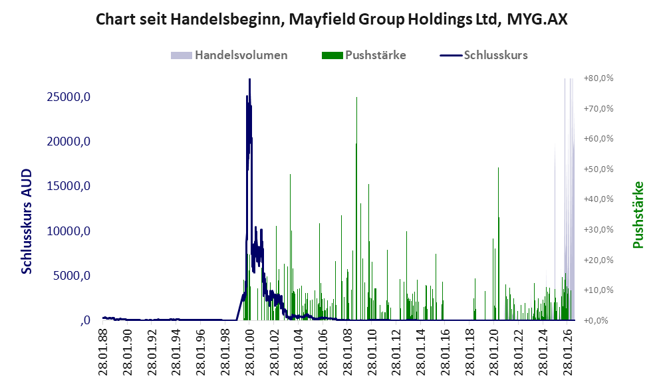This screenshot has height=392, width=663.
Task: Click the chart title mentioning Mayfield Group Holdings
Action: pos(331,19)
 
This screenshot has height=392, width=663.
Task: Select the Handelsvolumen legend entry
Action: pos(229,55)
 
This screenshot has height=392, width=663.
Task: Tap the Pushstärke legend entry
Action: pos(364,55)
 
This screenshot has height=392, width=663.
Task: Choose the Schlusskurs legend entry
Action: pos(483,55)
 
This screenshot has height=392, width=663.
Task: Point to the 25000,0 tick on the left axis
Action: pos(68,97)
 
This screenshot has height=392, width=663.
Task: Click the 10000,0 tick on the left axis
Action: pos(68,231)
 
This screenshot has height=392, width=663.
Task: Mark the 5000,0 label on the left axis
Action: pos(72,276)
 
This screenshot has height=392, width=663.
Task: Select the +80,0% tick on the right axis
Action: pos(598,78)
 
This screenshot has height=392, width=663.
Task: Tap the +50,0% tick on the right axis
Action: pos(598,169)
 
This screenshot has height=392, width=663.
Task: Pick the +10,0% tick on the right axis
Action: pos(598,290)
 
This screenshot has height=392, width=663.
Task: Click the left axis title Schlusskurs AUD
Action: pos(26,221)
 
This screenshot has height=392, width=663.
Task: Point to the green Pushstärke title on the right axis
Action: pos(638,215)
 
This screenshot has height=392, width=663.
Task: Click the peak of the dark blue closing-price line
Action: pos(249,79)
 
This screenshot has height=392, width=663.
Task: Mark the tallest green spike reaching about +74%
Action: pos(357,98)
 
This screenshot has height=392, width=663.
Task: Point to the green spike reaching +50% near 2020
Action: pos(498,168)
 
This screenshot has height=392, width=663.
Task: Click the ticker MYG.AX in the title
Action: pos(537,19)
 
